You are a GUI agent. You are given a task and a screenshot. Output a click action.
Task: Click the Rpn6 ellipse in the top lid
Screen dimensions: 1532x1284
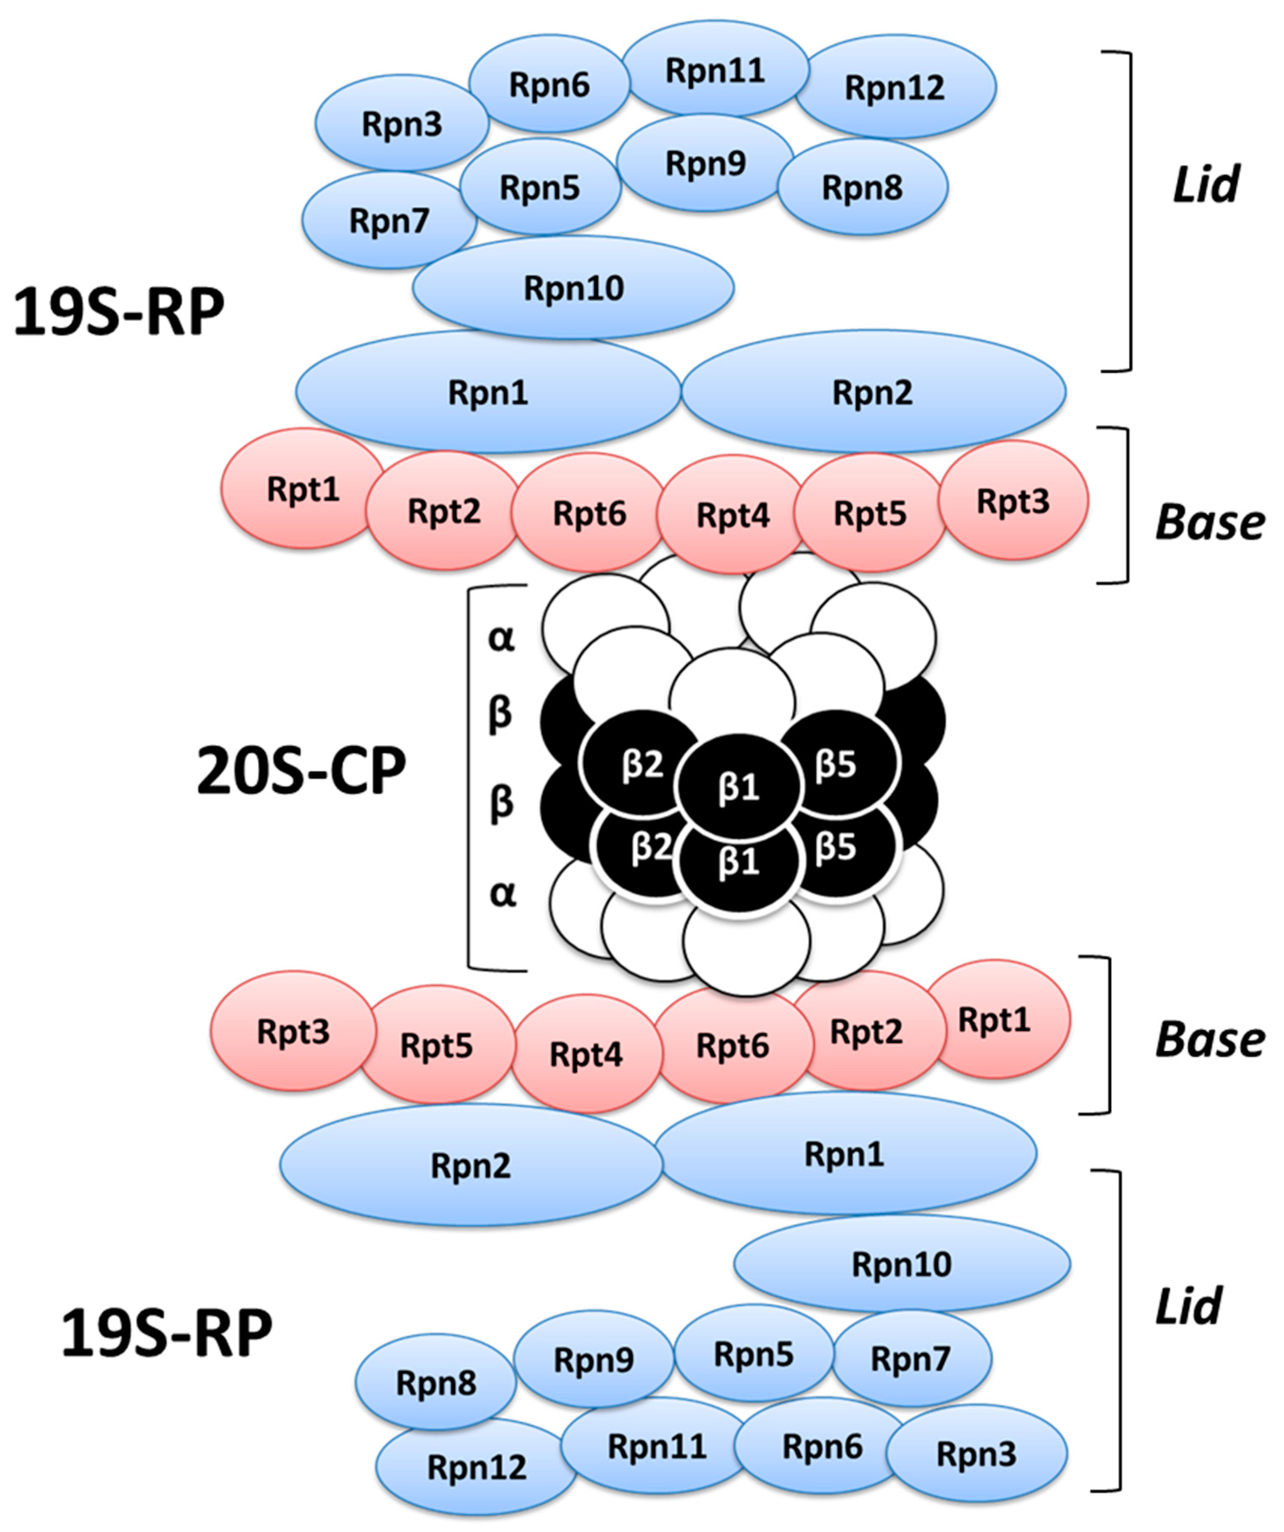point(549,85)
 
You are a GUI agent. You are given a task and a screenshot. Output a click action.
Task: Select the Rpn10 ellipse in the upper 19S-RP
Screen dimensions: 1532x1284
point(574,288)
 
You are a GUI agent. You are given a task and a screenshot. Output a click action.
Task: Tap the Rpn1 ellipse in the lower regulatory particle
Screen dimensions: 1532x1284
point(844,1154)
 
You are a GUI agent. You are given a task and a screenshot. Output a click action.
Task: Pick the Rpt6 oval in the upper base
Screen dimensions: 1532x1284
point(589,513)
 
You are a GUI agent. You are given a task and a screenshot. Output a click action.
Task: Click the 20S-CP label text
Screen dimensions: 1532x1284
point(301,772)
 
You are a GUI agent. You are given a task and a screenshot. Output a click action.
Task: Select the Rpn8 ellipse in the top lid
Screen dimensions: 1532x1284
point(862,187)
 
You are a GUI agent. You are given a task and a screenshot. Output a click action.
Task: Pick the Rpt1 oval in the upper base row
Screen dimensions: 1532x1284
point(303,489)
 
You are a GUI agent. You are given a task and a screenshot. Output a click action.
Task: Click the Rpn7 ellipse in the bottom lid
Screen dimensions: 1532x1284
point(911,1358)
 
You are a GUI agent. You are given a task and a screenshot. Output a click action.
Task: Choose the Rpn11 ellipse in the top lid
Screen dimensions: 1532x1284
point(715,70)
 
